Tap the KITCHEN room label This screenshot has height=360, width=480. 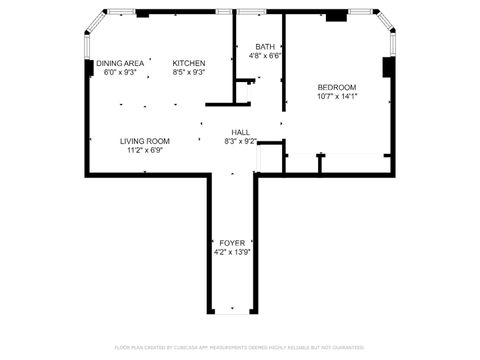(189, 62)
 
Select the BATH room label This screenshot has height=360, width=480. (265, 47)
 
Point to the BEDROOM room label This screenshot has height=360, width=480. (337, 87)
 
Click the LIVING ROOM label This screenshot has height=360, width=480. (145, 141)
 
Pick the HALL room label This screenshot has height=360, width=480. (241, 132)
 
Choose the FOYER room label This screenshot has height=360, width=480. (231, 243)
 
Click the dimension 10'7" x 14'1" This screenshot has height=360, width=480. (337, 97)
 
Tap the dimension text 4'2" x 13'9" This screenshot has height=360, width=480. (231, 253)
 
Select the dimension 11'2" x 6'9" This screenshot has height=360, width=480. (145, 151)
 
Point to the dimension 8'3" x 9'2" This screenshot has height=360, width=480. (241, 142)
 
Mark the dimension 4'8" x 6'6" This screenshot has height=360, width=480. (265, 57)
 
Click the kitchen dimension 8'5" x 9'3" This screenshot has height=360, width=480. (189, 72)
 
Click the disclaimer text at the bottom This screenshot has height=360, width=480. (240, 347)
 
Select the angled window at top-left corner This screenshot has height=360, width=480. (93, 25)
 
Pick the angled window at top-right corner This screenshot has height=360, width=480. (385, 24)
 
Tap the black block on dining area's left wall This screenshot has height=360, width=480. (89, 68)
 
